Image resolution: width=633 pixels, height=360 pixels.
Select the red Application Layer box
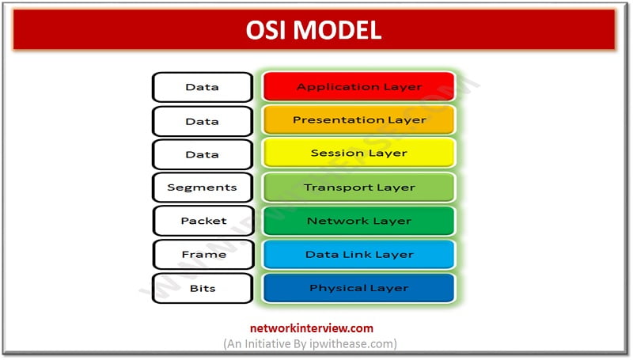[358, 86]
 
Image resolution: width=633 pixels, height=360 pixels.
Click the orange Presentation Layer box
[358, 120]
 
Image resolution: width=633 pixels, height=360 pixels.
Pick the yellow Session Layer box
[358, 153]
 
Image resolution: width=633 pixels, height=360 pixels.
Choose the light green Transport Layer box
[358, 188]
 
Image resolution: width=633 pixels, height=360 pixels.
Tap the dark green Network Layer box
[358, 221]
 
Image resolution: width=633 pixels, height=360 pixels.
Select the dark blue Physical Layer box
[358, 288]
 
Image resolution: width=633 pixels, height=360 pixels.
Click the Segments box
[202, 188]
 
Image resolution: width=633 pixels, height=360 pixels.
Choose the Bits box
[202, 288]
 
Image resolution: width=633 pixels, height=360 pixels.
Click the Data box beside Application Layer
[202, 86]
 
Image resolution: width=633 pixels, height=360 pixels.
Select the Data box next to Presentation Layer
[202, 120]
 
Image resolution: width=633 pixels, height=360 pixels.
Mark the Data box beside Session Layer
[202, 153]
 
